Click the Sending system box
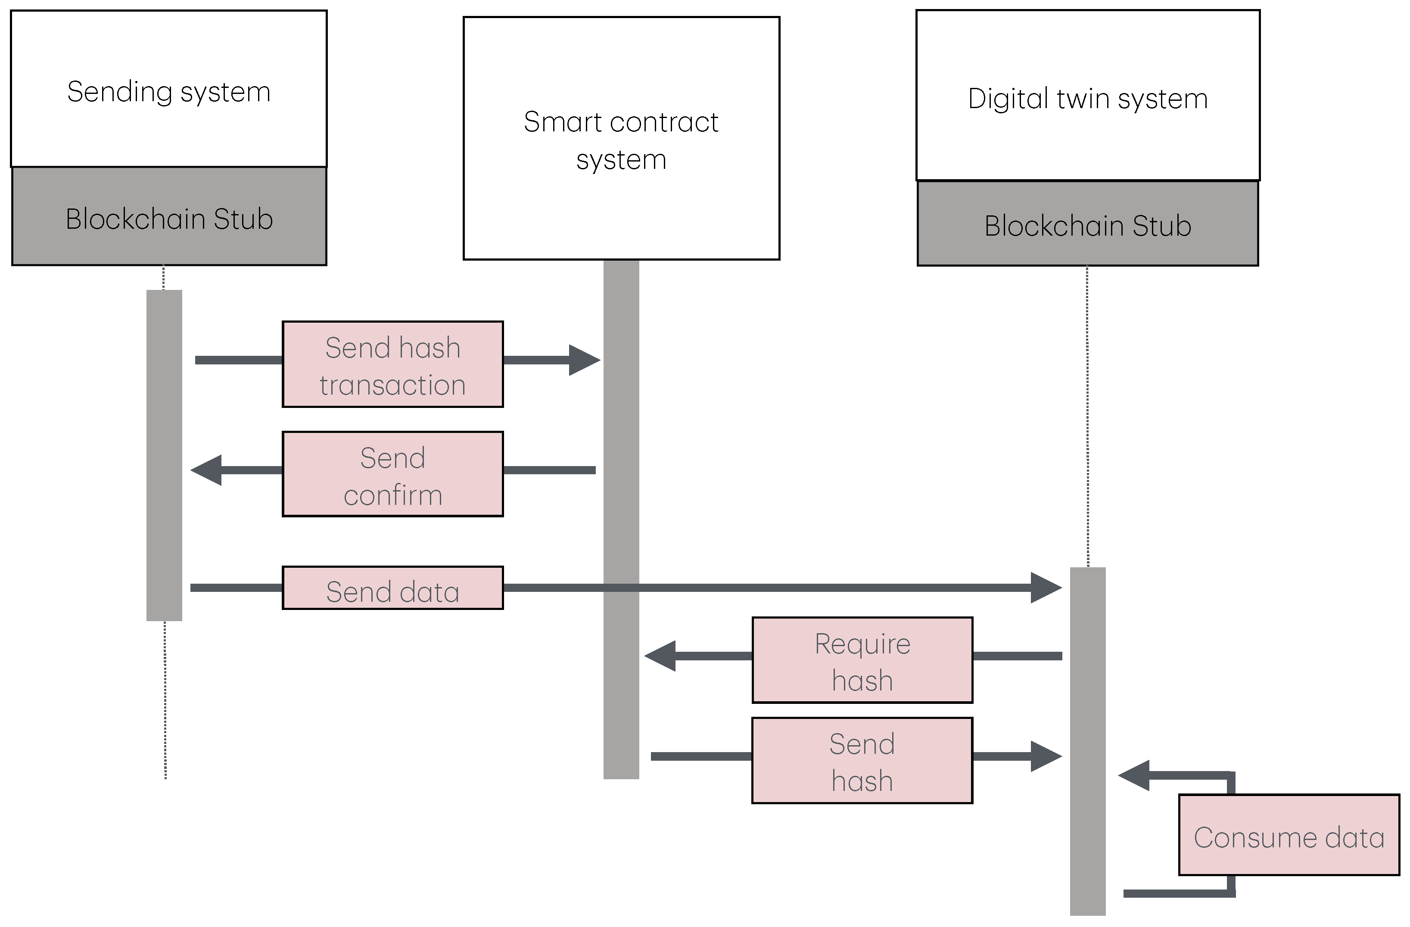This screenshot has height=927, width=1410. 169,89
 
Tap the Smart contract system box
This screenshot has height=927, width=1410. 621,138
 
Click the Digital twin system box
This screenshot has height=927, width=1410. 1087,95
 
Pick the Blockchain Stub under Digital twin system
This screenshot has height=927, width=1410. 1087,224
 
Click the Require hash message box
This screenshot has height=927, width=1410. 862,660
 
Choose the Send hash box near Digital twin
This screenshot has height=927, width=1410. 862,761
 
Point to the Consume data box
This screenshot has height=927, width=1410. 1289,835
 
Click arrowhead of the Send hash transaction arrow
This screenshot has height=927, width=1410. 585,360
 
